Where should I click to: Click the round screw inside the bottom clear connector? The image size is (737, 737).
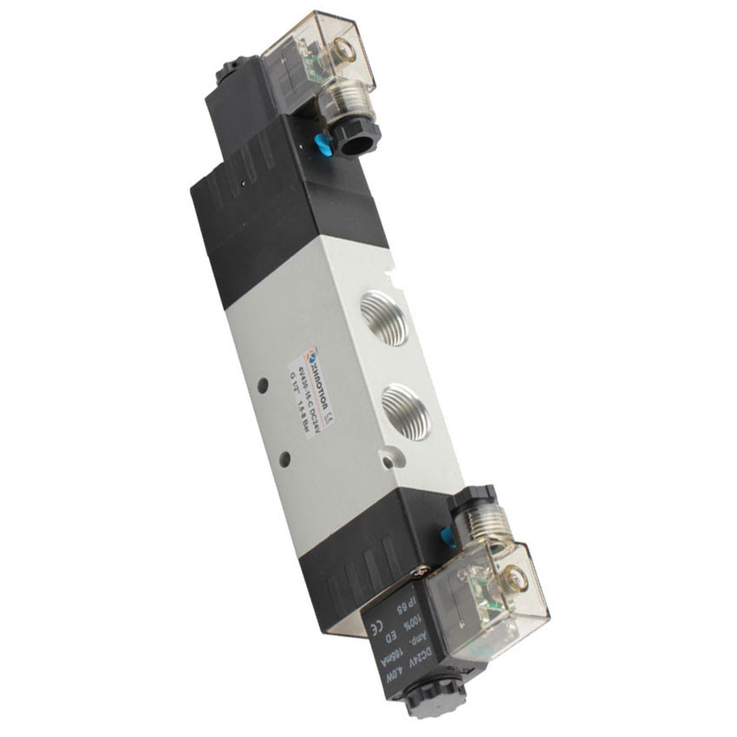(519, 577)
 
